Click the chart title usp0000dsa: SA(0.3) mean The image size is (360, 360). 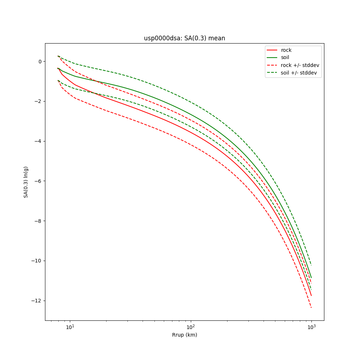pyautogui.click(x=184, y=38)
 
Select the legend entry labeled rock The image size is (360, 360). pyautogui.click(x=286, y=50)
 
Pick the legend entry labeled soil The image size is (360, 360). pyautogui.click(x=285, y=58)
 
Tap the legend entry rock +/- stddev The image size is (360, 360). pyautogui.click(x=300, y=65)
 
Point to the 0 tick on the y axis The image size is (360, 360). pyautogui.click(x=40, y=62)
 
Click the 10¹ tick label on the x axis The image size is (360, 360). pyautogui.click(x=70, y=327)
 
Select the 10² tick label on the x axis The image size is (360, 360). pyautogui.click(x=191, y=327)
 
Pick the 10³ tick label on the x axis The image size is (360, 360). pyautogui.click(x=311, y=327)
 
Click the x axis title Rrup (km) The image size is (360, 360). pyautogui.click(x=184, y=335)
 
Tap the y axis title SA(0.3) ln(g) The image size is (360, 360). pyautogui.click(x=26, y=182)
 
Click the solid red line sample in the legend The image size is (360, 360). pyautogui.click(x=272, y=50)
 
